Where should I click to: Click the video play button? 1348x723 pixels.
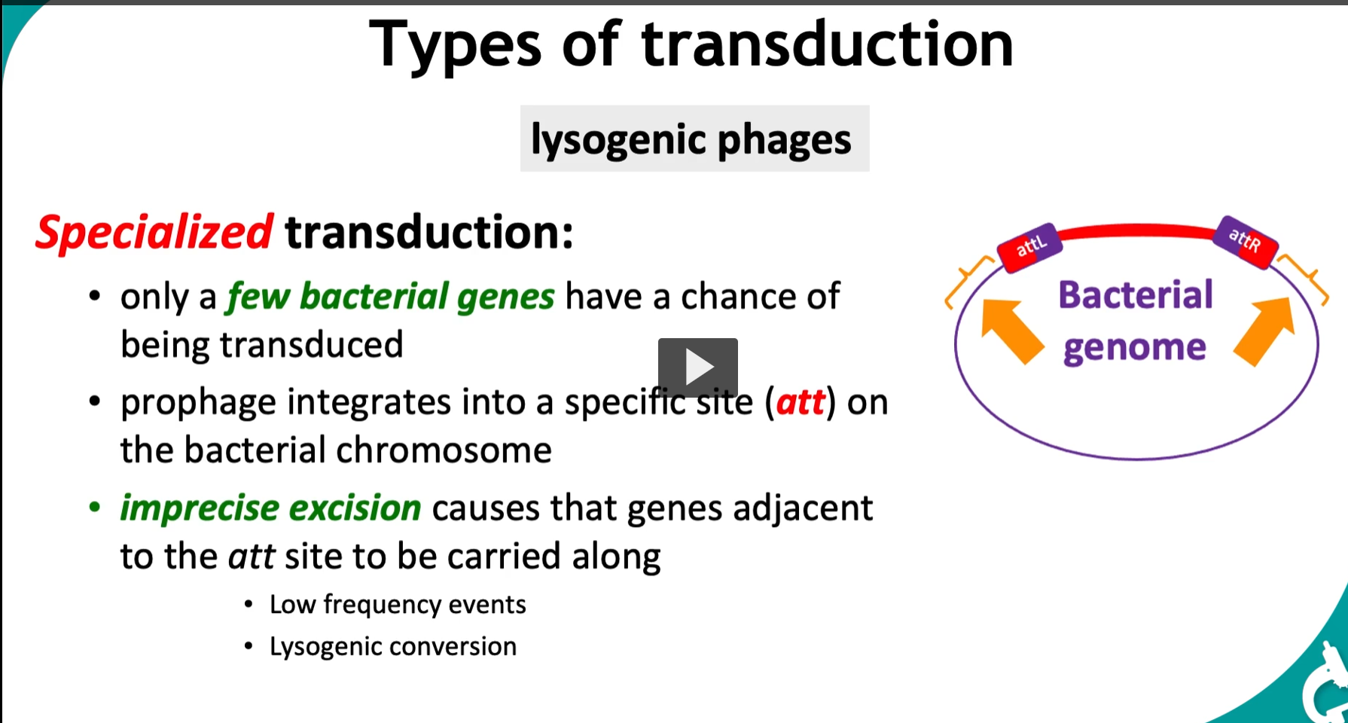(698, 368)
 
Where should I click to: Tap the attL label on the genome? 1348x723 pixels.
(1030, 246)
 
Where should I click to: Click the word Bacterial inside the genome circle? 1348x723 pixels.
(1136, 294)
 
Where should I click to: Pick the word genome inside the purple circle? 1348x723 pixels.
(1135, 348)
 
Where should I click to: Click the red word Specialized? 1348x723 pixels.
(154, 233)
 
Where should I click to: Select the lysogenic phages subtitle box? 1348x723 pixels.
(694, 139)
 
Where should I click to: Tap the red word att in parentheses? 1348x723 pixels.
(801, 402)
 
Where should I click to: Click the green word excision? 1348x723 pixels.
(355, 508)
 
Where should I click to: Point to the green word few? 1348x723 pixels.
(258, 296)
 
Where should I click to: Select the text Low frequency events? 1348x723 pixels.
(398, 605)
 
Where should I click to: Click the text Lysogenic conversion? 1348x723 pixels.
(393, 647)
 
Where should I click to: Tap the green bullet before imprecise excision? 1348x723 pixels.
(95, 507)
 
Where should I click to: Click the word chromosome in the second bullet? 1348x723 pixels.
(444, 450)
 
